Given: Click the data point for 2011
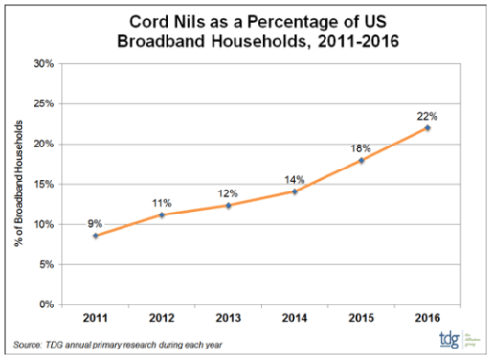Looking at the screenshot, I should coord(96,236).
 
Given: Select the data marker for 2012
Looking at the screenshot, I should coord(162,215).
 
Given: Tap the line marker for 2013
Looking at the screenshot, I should coord(228,205).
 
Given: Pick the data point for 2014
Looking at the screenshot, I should coord(294,191).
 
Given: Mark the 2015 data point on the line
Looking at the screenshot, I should coord(361,160).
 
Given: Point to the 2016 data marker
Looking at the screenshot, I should coord(427,127).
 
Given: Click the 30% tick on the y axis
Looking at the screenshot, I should coord(42,64).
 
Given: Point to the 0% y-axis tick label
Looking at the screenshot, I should coord(45,304).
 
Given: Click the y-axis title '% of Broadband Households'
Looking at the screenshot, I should coord(18,185).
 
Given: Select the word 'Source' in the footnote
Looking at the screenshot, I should coord(29,343).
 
